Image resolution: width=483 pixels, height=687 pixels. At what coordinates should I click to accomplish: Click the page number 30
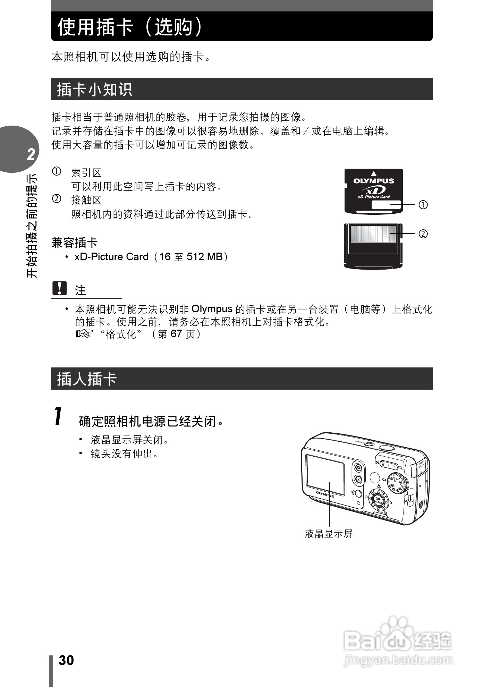pos(66,660)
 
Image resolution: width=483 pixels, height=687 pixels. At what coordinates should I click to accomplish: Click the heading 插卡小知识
pos(94,89)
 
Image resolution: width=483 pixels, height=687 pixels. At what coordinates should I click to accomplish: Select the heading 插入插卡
pos(87,379)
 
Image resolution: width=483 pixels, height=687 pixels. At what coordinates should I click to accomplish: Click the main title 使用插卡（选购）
pos(130,27)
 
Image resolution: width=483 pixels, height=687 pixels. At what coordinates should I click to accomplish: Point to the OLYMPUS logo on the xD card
pos(374,181)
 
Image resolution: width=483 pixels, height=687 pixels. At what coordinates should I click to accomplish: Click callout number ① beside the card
pos(423,205)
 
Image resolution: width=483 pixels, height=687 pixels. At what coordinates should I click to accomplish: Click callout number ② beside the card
pos(423,234)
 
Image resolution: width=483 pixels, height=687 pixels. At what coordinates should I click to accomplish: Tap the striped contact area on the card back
pos(373,234)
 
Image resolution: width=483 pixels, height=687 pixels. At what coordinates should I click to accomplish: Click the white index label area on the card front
pos(386,205)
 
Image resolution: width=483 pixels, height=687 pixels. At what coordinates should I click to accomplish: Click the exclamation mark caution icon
pos(59,288)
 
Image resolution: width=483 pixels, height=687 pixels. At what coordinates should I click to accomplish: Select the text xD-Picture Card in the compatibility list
pos(111,257)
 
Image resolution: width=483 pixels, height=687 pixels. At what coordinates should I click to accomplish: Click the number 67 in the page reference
pos(176,334)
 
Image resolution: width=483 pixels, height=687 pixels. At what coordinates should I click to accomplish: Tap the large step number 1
pos(58,416)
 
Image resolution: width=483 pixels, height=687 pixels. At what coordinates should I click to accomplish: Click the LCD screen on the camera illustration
pos(325,474)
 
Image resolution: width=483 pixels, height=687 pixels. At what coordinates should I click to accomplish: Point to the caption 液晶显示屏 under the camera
pos(329,534)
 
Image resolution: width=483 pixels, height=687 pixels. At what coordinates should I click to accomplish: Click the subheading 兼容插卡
pos(75,243)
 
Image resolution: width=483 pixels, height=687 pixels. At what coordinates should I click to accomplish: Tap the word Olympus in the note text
pos(212,309)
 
